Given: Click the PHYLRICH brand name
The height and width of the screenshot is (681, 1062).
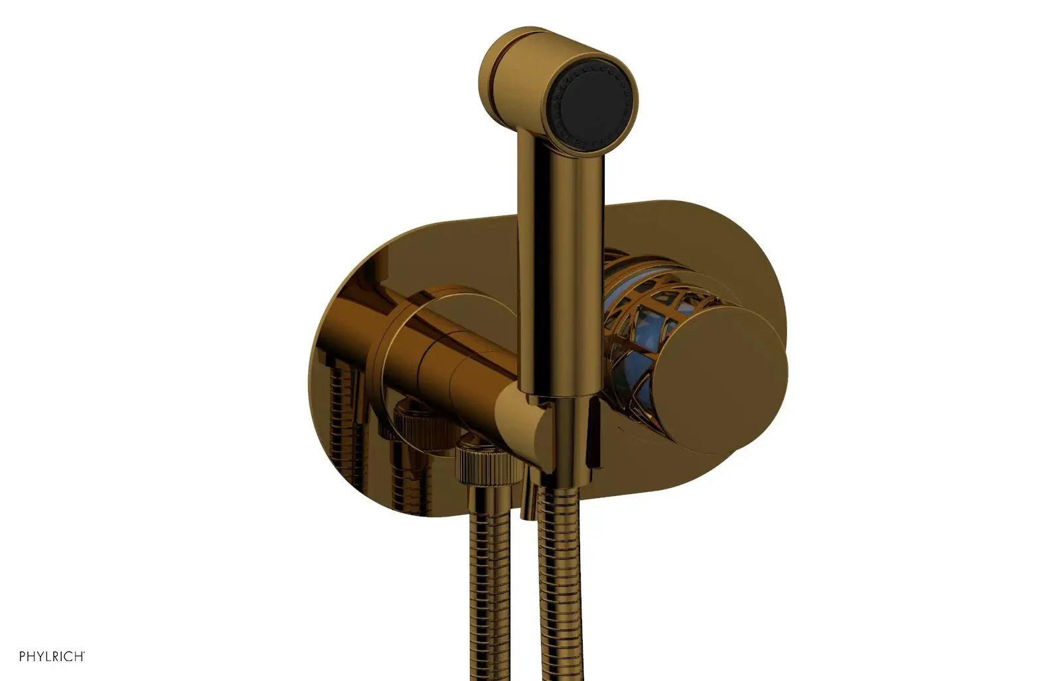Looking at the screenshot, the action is (52, 656).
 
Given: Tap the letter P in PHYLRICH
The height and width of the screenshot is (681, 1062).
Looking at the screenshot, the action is (23, 656).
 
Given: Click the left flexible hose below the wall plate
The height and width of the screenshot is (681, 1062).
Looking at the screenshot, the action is (493, 582).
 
